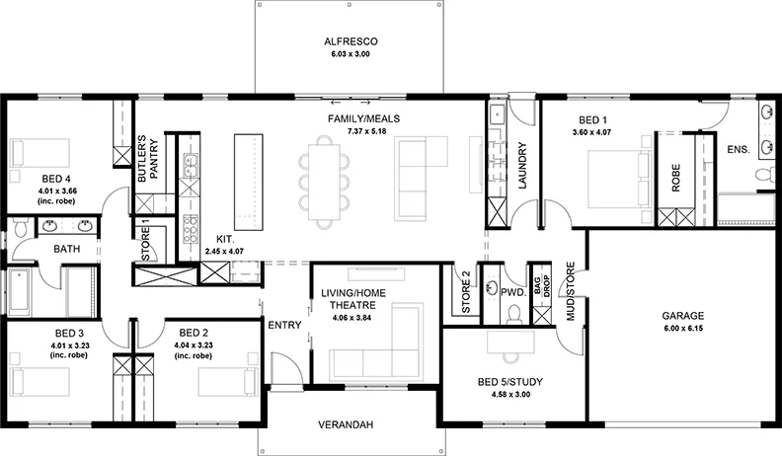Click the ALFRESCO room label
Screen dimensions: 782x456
351,41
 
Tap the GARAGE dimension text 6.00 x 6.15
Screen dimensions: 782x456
682,329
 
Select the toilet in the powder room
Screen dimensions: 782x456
513,314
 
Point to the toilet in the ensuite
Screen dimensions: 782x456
764,176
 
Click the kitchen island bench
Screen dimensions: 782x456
249,182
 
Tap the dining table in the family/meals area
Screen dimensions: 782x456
324,182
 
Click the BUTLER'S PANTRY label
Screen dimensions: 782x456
148,159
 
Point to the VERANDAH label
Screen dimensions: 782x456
346,425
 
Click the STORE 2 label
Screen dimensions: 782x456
466,292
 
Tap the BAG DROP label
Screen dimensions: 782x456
542,286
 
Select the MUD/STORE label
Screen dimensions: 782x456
571,291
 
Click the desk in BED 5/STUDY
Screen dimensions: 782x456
510,342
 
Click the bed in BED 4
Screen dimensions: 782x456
40,154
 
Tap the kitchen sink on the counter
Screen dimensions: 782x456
190,166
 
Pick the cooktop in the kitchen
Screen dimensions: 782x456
190,229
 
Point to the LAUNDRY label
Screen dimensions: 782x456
522,166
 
